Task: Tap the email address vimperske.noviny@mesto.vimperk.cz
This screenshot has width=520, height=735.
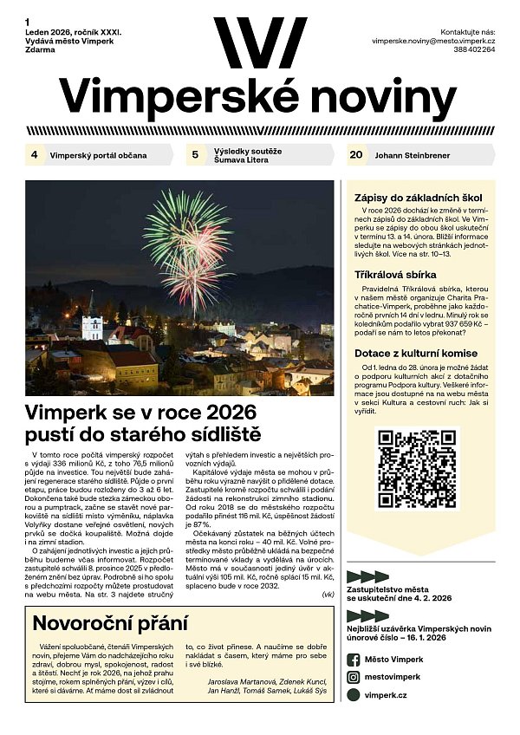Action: [433, 40]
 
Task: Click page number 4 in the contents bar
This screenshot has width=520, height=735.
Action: [35, 155]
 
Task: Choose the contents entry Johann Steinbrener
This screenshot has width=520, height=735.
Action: [413, 156]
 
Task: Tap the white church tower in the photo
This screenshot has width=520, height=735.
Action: [92, 322]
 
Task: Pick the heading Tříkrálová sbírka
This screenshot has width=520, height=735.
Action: [391, 275]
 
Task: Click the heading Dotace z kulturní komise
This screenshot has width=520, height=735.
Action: [415, 354]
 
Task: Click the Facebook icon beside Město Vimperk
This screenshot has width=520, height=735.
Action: [353, 660]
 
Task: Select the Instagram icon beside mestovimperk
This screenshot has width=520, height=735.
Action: [353, 677]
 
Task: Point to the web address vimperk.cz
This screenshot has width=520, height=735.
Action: [386, 694]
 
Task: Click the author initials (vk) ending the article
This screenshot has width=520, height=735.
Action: [327, 594]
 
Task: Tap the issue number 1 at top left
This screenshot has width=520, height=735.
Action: [29, 21]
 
